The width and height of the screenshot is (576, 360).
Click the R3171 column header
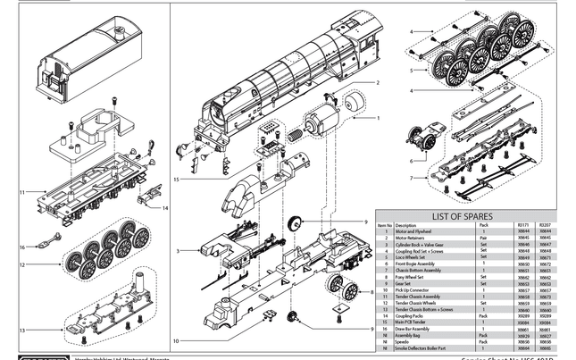(524, 225)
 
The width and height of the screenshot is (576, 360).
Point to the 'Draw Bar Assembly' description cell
(413, 329)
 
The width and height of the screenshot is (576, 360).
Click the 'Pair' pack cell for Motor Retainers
(483, 237)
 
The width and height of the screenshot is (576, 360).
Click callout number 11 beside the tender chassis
(21, 191)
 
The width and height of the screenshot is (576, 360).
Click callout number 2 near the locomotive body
(378, 83)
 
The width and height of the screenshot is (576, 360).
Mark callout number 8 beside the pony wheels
(371, 292)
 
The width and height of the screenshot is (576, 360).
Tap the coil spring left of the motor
(295, 135)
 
